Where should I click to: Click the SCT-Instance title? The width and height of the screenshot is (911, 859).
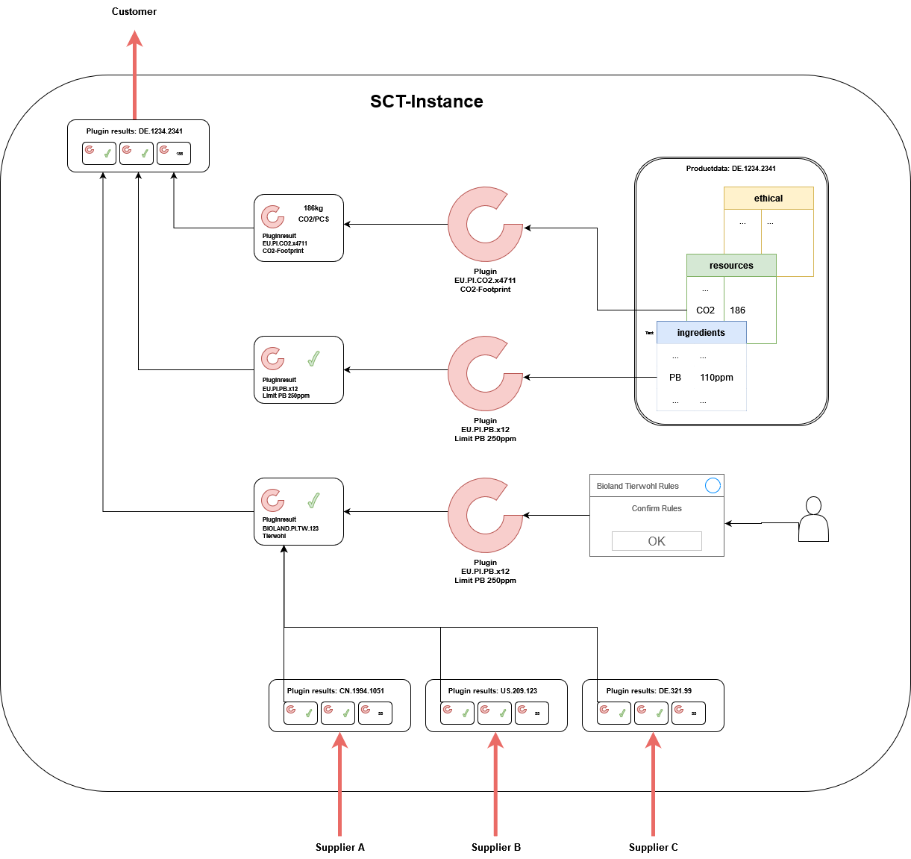pos(426,101)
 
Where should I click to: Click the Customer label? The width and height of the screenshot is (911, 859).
pos(134,11)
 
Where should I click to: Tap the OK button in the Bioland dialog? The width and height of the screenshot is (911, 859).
pos(657,541)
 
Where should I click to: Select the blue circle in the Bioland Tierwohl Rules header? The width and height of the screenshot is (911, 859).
pos(713,486)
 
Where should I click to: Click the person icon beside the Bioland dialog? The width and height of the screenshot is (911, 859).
pos(813,519)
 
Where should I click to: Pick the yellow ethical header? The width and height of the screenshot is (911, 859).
pos(768,199)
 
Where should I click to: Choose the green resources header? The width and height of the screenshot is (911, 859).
pos(731,266)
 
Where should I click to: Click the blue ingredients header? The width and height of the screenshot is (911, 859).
pos(701,333)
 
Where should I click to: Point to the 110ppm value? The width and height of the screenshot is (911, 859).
pos(716,378)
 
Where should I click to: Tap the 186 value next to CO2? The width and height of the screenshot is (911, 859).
pos(737,310)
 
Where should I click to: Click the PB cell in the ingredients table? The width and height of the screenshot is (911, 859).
pos(675,378)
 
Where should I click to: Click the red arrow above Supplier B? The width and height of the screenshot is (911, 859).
pos(495,784)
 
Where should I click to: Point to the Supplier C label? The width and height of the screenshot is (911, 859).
pos(653,847)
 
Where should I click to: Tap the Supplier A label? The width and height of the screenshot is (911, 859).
pos(339,847)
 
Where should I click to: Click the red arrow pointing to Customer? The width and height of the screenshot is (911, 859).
pos(134,75)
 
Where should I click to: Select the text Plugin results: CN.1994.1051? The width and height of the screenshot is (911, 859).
pos(336,691)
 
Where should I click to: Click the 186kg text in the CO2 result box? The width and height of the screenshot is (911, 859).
pos(313,208)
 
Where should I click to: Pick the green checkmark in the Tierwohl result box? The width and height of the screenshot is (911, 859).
pos(314,500)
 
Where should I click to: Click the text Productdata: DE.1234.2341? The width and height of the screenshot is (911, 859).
pos(731,169)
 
